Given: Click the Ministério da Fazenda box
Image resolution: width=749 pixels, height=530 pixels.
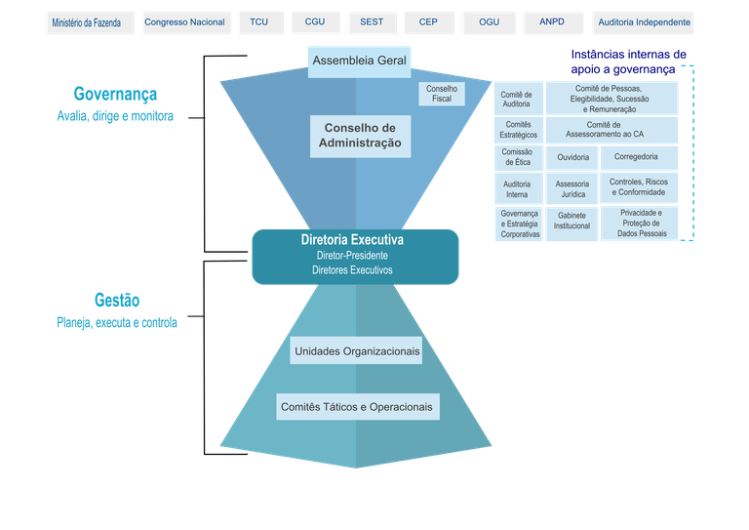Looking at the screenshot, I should tap(87, 22).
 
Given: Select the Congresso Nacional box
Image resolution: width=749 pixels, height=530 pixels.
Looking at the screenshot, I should tap(184, 22).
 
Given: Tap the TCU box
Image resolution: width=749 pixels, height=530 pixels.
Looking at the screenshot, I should tap(258, 22).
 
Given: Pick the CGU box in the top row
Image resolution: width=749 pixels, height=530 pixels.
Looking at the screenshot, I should tap(315, 22).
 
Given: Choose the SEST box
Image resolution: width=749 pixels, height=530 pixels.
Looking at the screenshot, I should tap(372, 22).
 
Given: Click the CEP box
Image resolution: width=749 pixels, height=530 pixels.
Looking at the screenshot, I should tap(428, 22).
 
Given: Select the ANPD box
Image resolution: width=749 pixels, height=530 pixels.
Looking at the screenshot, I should tap(553, 22).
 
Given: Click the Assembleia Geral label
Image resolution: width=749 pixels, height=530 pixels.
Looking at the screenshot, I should tap(359, 61).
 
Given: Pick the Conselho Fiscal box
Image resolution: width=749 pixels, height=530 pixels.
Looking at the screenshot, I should tap(441, 94).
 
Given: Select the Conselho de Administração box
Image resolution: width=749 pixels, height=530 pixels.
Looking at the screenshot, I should tap(361, 136).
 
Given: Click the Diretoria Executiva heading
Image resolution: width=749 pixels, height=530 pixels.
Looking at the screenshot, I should tap(352, 239).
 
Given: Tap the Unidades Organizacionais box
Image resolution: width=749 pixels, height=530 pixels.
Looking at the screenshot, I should tap(356, 351).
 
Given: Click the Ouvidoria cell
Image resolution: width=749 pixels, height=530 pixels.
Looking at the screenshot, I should tap(572, 157).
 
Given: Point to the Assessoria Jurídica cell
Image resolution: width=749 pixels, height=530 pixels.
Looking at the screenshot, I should tap(572, 189).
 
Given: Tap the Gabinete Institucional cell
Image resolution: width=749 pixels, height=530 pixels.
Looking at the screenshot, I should tap(572, 221).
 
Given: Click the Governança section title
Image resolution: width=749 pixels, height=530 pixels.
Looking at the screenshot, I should tap(115, 94).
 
